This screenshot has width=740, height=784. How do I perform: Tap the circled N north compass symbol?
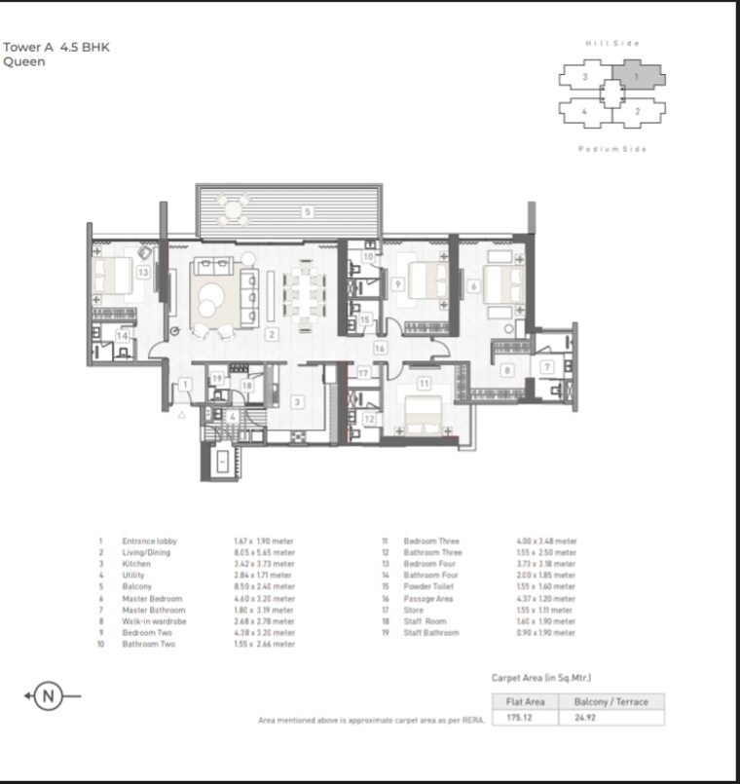[45, 696]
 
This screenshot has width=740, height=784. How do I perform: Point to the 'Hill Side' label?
[612, 43]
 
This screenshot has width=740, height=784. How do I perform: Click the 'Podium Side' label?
[612, 149]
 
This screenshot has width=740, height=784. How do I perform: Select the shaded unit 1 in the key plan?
[639, 77]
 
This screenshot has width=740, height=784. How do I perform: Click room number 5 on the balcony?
[307, 210]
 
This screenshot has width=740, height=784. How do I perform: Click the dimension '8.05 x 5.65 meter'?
[264, 552]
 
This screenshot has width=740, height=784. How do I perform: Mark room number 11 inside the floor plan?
[424, 384]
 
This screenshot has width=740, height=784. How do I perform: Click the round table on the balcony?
[233, 208]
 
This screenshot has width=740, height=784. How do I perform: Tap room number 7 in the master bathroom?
[547, 366]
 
